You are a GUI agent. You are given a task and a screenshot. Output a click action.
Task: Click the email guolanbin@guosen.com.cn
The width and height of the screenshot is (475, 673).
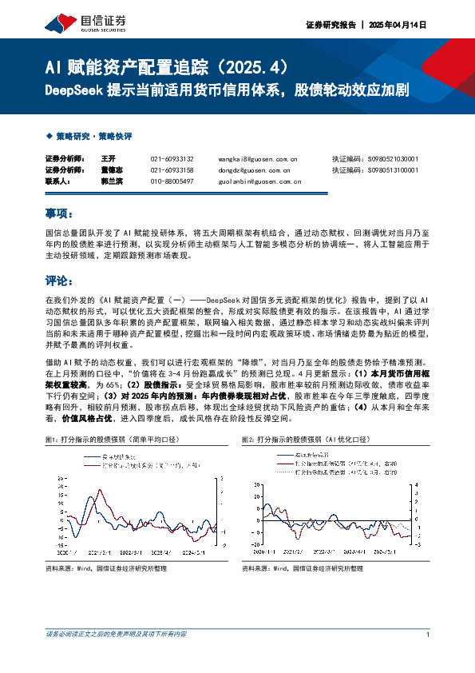(260, 181)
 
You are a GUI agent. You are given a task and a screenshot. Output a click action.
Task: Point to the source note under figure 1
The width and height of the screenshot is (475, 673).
(106, 567)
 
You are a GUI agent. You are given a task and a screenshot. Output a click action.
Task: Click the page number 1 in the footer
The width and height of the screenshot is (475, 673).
(429, 635)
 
